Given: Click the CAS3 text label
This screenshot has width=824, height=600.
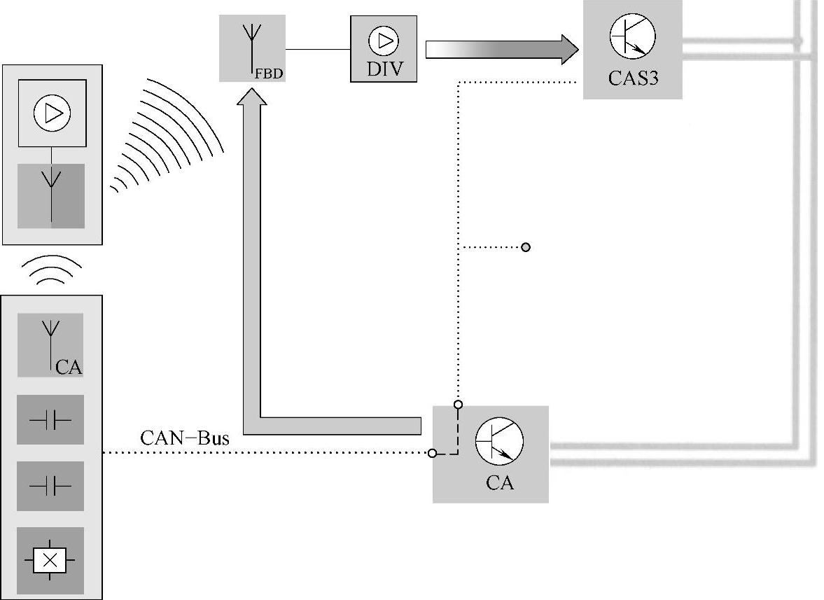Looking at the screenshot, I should pyautogui.click(x=632, y=78).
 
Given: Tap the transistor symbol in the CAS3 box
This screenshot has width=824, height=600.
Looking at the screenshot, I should pyautogui.click(x=632, y=36).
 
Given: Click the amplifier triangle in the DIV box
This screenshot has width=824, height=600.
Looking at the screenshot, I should pyautogui.click(x=384, y=41).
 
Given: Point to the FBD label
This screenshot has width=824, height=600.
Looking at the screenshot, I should pyautogui.click(x=272, y=72).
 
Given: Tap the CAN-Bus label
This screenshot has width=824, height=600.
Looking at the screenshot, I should pyautogui.click(x=185, y=439).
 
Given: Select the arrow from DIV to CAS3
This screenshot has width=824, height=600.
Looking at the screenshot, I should pyautogui.click(x=501, y=50).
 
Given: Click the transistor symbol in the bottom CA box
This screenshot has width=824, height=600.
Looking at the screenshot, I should pyautogui.click(x=499, y=440).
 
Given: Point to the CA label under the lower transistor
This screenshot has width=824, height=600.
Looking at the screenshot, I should pyautogui.click(x=499, y=483).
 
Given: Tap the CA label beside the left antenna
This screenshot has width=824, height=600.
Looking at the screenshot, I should pyautogui.click(x=69, y=366).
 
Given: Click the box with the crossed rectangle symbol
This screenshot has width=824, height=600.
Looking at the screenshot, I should pyautogui.click(x=50, y=560).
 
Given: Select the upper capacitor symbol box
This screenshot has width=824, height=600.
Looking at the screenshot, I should pyautogui.click(x=50, y=420).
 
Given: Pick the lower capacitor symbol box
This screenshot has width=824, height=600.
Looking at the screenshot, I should pyautogui.click(x=50, y=485).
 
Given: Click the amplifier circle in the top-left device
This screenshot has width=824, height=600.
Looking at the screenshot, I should pyautogui.click(x=52, y=113).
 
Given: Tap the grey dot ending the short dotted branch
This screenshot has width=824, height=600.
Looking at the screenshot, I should pyautogui.click(x=526, y=247).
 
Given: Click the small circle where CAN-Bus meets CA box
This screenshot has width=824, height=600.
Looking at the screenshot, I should pyautogui.click(x=432, y=453).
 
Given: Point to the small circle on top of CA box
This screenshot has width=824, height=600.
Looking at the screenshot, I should pyautogui.click(x=458, y=404).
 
